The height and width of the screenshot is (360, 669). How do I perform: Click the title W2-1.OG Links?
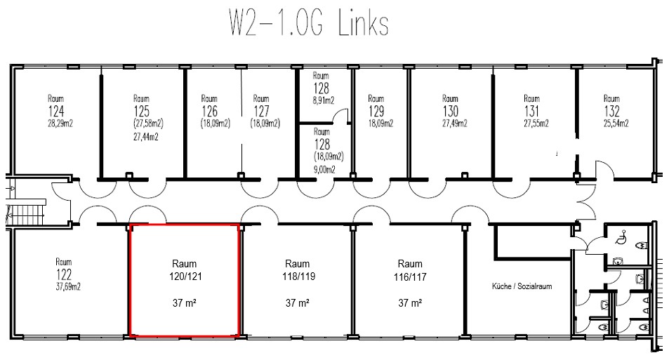click(x=307, y=22)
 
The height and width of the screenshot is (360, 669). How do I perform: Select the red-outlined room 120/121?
click(x=185, y=280)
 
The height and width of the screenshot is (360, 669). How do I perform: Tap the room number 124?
click(x=55, y=112)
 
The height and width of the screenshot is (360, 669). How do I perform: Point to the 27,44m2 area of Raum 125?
click(x=145, y=138)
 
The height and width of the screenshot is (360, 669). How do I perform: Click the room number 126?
click(x=209, y=112)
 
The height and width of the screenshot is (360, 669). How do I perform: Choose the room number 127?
click(x=261, y=112)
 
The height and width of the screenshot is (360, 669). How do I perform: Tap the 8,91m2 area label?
click(x=321, y=100)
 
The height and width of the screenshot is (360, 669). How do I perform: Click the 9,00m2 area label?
click(x=324, y=169)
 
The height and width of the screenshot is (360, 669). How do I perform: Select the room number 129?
click(x=377, y=112)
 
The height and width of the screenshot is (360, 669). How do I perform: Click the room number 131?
click(x=531, y=112)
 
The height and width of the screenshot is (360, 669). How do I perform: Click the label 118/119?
click(x=298, y=278)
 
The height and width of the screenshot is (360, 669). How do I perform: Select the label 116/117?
click(x=409, y=278)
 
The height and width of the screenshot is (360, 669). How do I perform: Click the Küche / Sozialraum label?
click(x=520, y=287)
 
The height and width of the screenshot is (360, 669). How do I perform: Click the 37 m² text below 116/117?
click(x=409, y=304)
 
